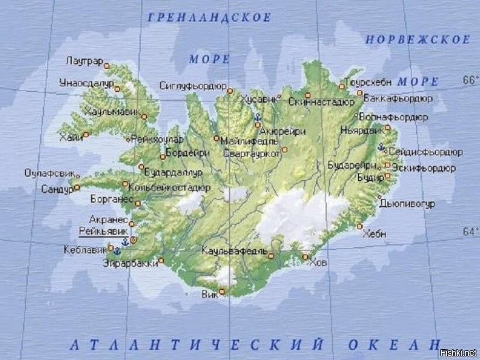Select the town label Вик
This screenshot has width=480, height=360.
(209, 295)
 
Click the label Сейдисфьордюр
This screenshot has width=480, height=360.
(425, 152)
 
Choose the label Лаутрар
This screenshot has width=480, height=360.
(85, 62)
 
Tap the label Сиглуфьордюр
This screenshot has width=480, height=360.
(193, 86)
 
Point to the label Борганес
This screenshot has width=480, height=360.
(111, 197)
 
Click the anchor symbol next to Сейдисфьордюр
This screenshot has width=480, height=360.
(381, 146)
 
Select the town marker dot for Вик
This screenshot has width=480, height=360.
(222, 292)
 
